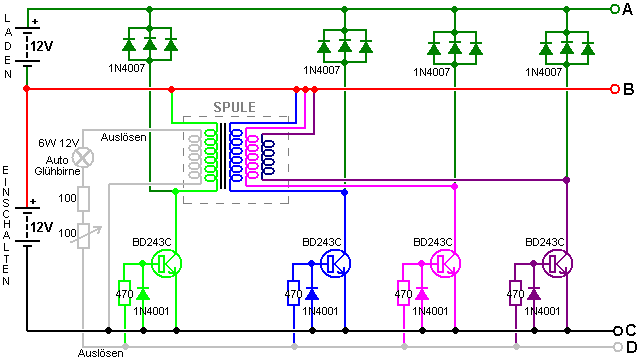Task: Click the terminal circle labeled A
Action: click(x=615, y=9)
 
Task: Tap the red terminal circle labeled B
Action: click(x=615, y=89)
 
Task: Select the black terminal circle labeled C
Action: click(x=618, y=331)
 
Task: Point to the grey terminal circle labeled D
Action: click(x=618, y=347)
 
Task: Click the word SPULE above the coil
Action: click(x=234, y=107)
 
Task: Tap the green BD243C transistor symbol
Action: click(x=167, y=264)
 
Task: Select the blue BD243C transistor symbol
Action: click(x=336, y=264)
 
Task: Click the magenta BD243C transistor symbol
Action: click(x=446, y=264)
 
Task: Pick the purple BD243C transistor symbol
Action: click(x=558, y=264)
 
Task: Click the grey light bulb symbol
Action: click(x=83, y=158)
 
